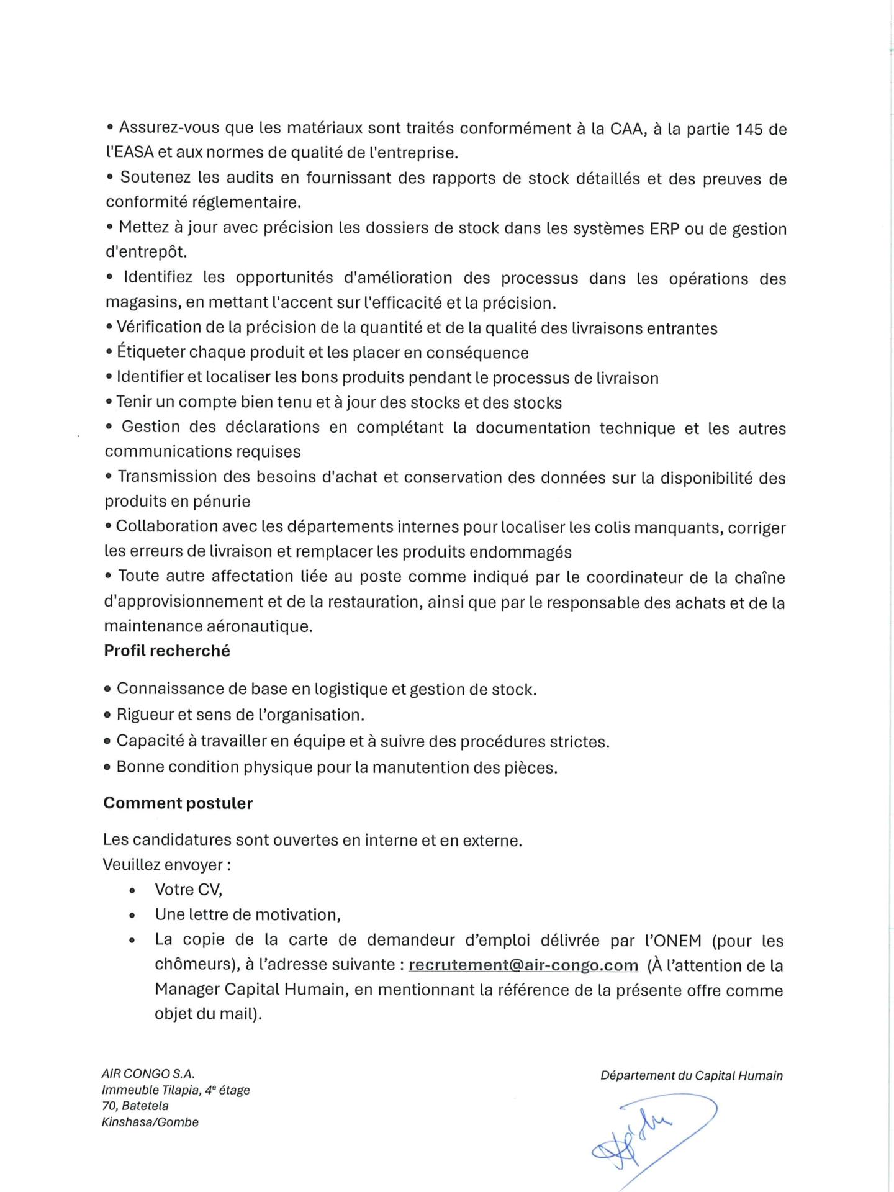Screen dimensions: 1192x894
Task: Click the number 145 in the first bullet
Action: (749, 129)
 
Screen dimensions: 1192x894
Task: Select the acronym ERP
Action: (664, 228)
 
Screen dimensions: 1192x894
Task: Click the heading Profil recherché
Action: (167, 651)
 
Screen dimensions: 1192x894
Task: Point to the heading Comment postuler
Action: (178, 803)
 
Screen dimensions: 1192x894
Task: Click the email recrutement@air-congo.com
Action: (523, 965)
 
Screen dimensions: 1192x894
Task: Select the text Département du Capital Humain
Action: (691, 1076)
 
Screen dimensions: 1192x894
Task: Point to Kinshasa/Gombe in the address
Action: (150, 1122)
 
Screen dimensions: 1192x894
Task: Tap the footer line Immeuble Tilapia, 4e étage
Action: (176, 1090)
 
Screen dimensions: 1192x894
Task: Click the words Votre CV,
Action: (188, 890)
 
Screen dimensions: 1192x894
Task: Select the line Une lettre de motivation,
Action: (248, 914)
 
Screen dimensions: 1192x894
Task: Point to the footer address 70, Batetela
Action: (135, 1106)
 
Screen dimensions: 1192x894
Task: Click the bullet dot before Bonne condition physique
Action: (108, 767)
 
